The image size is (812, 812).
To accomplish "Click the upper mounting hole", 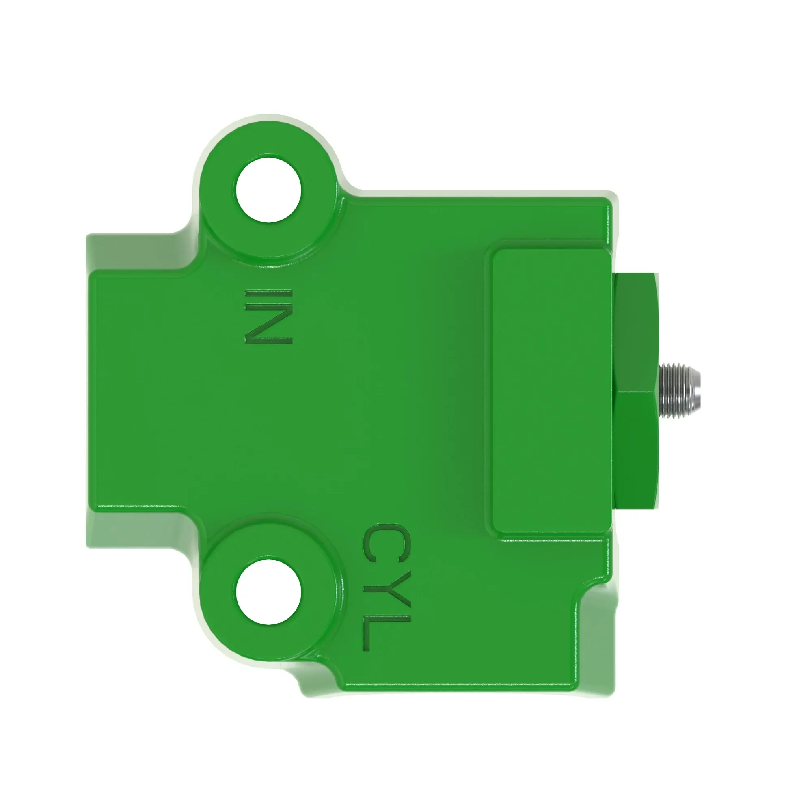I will coord(268,190).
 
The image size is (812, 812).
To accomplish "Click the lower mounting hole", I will coord(268,592).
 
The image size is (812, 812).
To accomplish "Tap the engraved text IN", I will coord(268,317).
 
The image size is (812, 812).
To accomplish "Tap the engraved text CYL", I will coord(385,587).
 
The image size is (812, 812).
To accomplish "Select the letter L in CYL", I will coord(385,634).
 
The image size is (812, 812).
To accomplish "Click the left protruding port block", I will coord(139,391).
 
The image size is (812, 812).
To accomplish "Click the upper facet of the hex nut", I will coord(635,332).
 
